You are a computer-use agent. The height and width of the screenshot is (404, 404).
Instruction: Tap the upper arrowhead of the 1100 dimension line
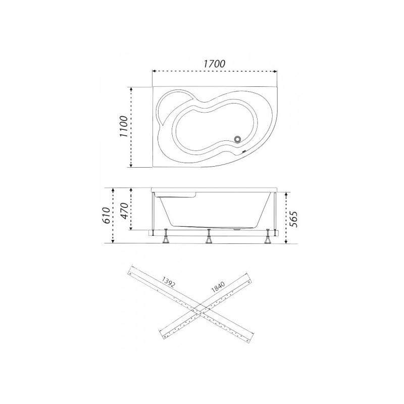tap(131, 88)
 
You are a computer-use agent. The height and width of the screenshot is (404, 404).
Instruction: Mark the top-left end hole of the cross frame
tap(131, 273)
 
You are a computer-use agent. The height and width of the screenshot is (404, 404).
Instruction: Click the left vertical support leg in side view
tap(153, 212)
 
